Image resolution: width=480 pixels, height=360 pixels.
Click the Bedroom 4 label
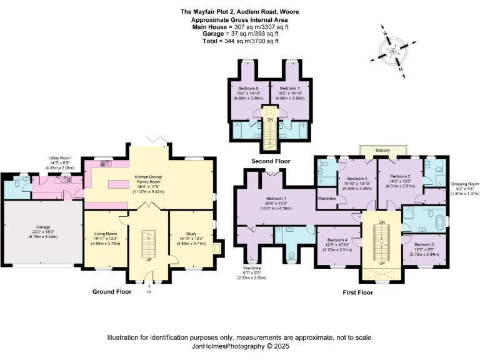[338, 240]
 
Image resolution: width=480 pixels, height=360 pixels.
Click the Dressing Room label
[464, 184]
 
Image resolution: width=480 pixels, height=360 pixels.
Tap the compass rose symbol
[394, 49]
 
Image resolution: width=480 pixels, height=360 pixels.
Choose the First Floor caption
[358, 292]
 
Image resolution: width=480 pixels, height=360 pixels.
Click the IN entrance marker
[149, 292]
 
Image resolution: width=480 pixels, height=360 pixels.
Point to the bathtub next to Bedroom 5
[432, 220]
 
